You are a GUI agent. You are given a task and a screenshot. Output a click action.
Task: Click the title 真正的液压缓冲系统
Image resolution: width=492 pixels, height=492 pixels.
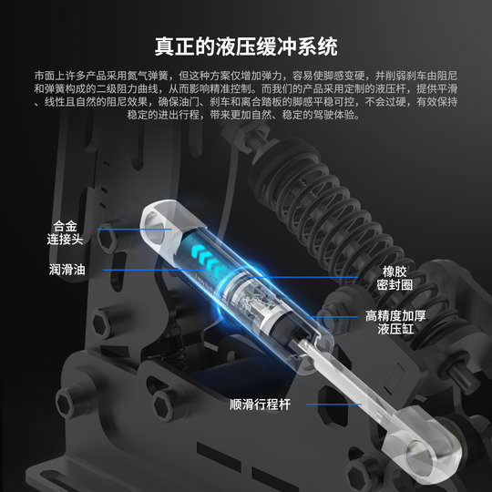click(x=246, y=46)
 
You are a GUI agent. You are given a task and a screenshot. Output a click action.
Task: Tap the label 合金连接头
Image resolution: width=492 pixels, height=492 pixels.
click(x=72, y=231)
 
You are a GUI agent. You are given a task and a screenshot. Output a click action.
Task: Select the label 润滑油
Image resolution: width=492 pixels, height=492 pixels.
click(x=67, y=270)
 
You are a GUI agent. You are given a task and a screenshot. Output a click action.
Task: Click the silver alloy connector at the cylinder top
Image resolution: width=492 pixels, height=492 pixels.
click(x=160, y=227)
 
